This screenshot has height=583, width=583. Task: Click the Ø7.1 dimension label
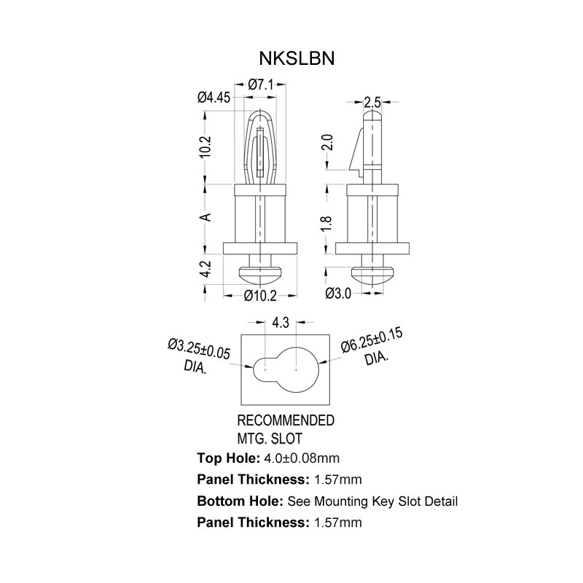click(x=260, y=85)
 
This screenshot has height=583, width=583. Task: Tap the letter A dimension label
click(x=206, y=216)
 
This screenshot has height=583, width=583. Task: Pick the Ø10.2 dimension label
click(x=259, y=295)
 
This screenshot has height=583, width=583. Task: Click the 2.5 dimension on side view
click(x=372, y=101)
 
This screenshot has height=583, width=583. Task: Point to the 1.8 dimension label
click(x=326, y=224)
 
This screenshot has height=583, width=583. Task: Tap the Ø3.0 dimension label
click(x=337, y=294)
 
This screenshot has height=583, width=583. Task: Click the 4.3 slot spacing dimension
click(x=281, y=321)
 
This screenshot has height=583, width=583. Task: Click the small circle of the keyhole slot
click(x=264, y=369)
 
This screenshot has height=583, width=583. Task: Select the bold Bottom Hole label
click(x=240, y=501)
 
